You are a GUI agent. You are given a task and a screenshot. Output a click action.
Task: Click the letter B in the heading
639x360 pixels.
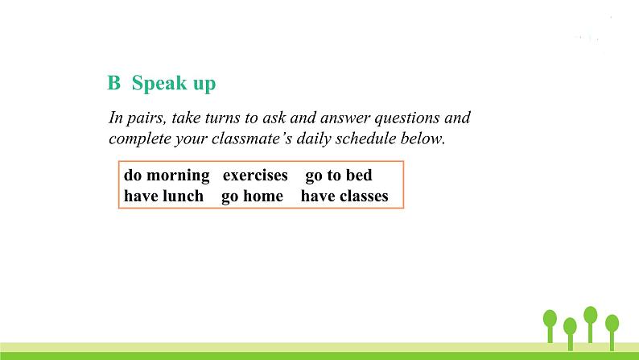[x=113, y=84]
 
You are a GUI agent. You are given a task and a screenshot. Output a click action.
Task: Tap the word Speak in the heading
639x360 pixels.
[x=159, y=84]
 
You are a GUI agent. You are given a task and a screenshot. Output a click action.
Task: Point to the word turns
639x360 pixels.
[x=224, y=118]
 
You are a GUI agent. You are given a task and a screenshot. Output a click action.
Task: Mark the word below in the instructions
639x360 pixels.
[x=423, y=139]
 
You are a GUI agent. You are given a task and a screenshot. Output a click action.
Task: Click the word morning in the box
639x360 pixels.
[x=178, y=175]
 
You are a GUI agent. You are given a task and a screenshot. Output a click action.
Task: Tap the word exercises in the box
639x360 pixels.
[x=255, y=175]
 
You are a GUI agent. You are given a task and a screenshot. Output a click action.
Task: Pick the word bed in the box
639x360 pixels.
[x=358, y=175]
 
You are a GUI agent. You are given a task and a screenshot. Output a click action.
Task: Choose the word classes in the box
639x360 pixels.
[x=360, y=196]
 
